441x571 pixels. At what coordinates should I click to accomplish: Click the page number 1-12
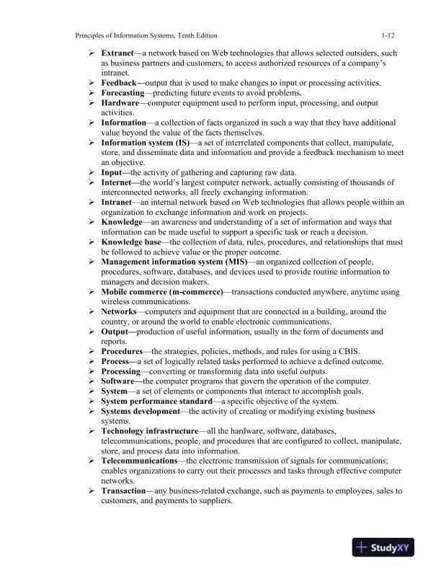388,35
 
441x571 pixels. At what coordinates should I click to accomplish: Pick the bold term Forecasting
123,94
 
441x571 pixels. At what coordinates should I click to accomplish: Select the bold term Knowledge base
131,242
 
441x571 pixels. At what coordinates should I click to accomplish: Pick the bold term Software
118,381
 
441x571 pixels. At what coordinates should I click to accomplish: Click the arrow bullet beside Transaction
92,491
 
